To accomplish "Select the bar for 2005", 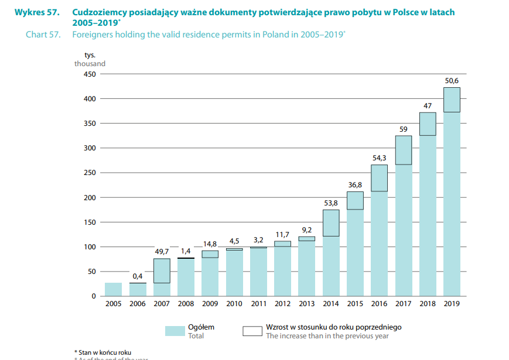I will pyautogui.click(x=113, y=289).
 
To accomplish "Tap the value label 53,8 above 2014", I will pyautogui.click(x=331, y=203).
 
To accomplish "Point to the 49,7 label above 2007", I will pyautogui.click(x=161, y=252).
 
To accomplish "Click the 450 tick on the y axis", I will pyautogui.click(x=88, y=74).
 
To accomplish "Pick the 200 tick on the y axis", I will pyautogui.click(x=88, y=198).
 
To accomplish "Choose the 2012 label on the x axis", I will pyautogui.click(x=282, y=303).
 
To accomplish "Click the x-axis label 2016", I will pyautogui.click(x=379, y=303).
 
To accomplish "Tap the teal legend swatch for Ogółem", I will pyautogui.click(x=175, y=331).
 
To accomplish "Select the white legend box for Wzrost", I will pyautogui.click(x=252, y=331).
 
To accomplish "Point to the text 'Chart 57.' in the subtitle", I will pyautogui.click(x=43, y=35).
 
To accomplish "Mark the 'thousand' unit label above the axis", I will pyautogui.click(x=90, y=63).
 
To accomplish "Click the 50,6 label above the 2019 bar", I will pyautogui.click(x=452, y=81).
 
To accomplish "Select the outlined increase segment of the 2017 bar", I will pyautogui.click(x=403, y=150).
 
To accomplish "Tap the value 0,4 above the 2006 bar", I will pyautogui.click(x=137, y=276).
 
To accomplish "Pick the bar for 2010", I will pyautogui.click(x=234, y=273).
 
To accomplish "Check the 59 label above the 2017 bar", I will pyautogui.click(x=403, y=129).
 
